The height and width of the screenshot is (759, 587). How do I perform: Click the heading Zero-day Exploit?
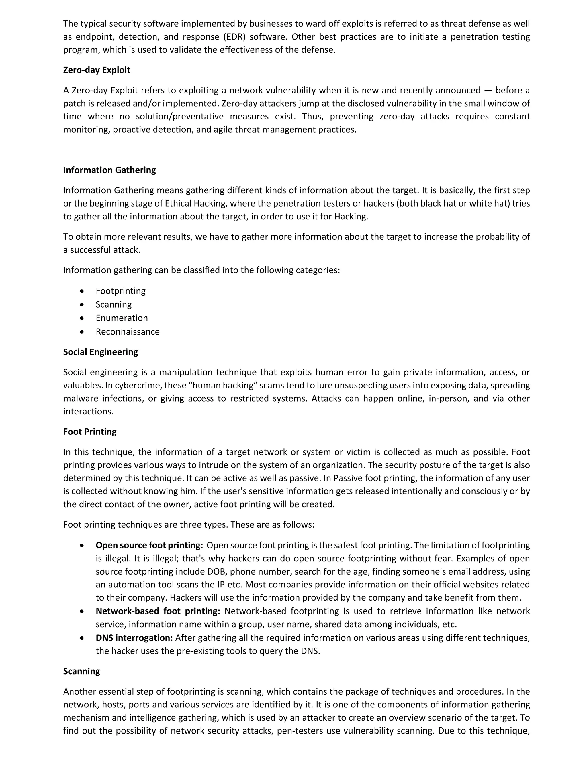(x=97, y=70)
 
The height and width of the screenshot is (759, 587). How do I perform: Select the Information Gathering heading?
(x=109, y=170)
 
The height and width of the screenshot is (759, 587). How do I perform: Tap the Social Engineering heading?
(x=101, y=352)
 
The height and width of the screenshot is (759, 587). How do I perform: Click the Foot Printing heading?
(x=90, y=432)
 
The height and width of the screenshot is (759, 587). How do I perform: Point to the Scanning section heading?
(x=81, y=671)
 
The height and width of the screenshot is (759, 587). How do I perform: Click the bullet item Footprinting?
(x=121, y=291)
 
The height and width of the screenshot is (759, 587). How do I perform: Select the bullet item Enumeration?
(x=122, y=318)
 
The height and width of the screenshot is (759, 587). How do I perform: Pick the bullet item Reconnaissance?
(x=128, y=332)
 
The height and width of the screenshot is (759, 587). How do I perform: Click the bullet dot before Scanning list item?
(x=82, y=305)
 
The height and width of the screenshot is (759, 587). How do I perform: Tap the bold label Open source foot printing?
(x=149, y=546)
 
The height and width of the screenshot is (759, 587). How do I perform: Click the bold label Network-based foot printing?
(x=158, y=611)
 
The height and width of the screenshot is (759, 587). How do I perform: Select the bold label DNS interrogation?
(x=134, y=638)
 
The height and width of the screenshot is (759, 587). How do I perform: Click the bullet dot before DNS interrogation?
(x=82, y=638)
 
